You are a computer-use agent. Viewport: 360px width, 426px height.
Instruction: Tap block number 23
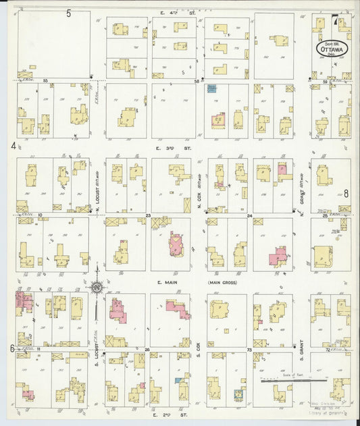pyautogui.click(x=148, y=215)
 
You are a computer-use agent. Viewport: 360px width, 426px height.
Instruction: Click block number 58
pyautogui.click(x=197, y=81)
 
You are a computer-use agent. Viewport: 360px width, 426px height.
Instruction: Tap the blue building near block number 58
pyautogui.click(x=211, y=88)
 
